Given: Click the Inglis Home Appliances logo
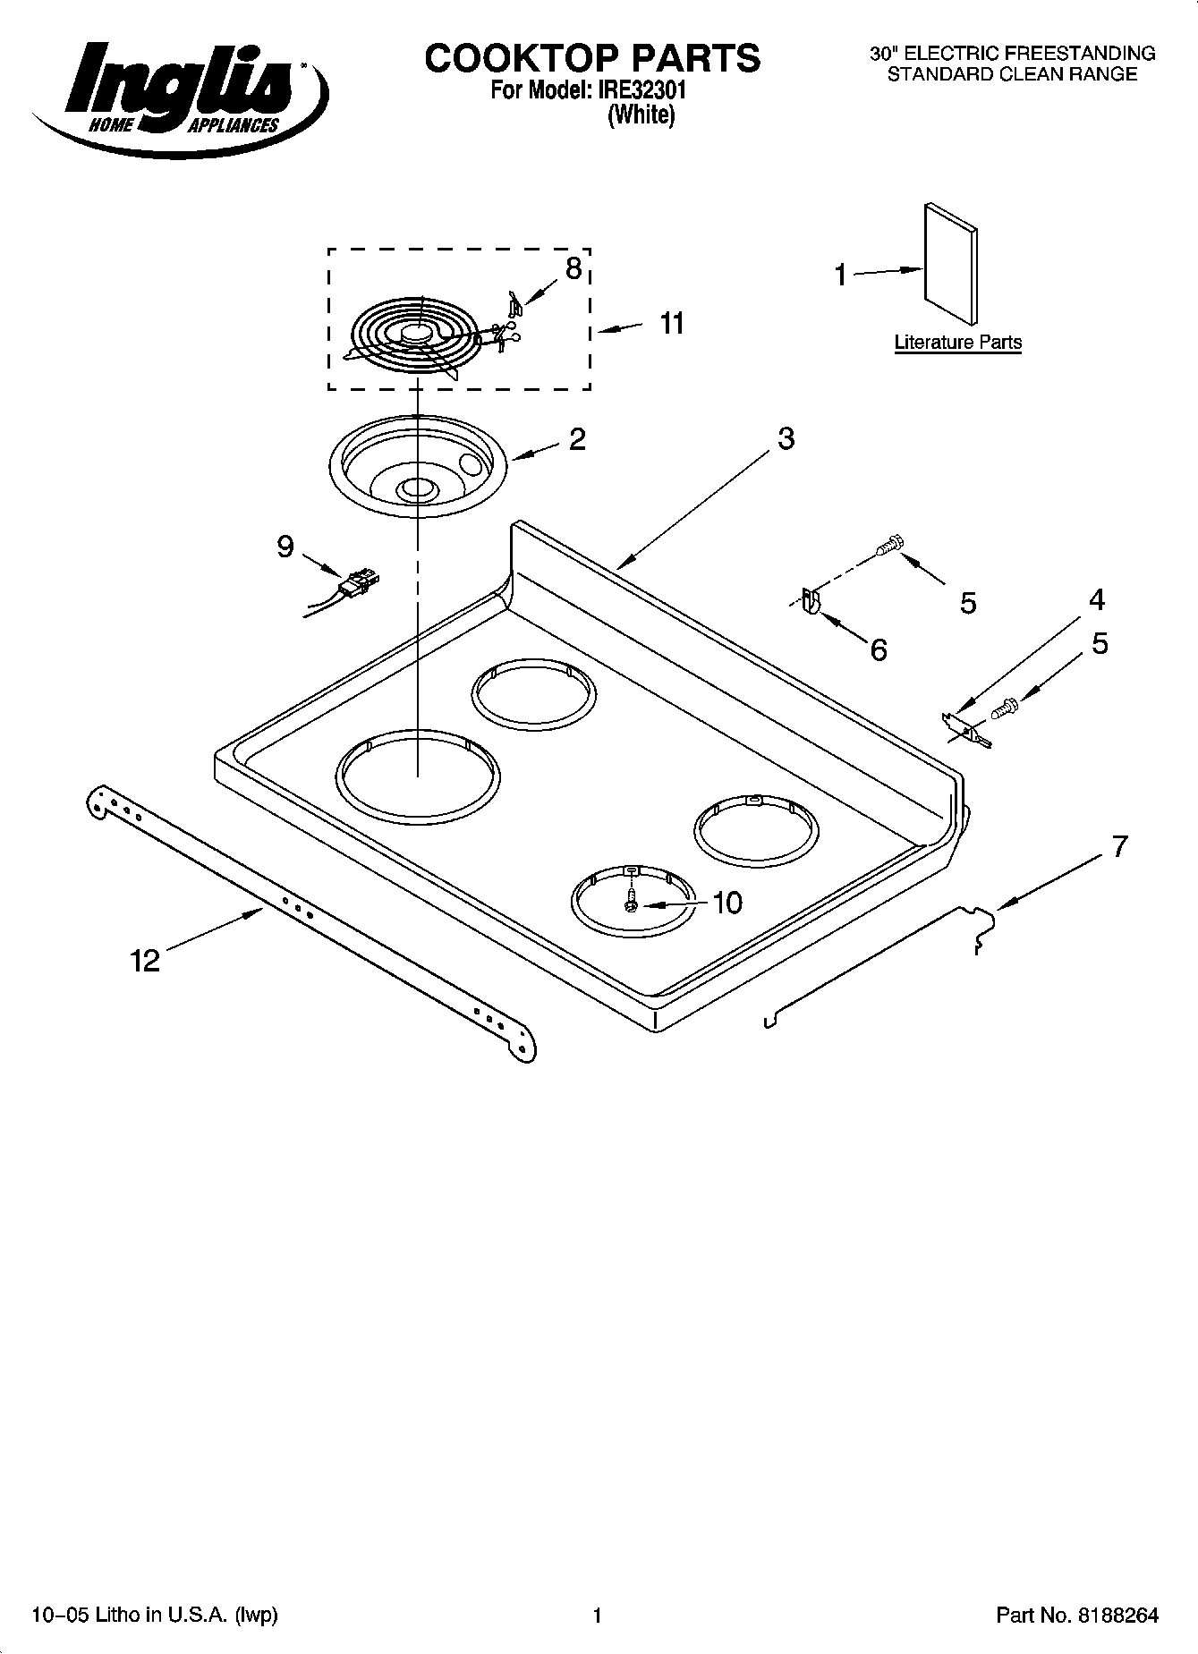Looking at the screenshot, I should point(179,89).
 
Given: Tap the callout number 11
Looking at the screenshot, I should point(672,324).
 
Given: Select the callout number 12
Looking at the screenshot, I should point(144,961).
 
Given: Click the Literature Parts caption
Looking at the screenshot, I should point(957,343).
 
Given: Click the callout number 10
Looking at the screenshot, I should point(728,903).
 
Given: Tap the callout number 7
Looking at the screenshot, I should point(1119,846).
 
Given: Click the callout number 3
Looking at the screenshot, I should point(786,439).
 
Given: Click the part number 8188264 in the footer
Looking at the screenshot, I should point(1118,1615).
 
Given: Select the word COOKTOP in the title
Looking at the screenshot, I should point(522,58).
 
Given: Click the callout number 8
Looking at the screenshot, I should point(574,268).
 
